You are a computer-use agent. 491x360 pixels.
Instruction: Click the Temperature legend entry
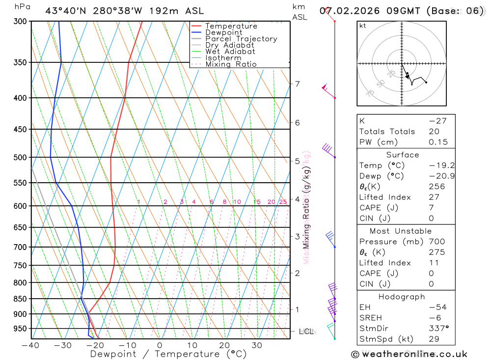coord(231,26)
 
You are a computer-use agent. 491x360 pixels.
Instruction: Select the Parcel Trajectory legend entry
coord(241,39)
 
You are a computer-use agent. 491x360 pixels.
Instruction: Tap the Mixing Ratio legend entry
coord(231,64)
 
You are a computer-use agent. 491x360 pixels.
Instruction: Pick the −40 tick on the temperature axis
coord(30,345)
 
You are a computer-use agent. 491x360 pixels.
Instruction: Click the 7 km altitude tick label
coord(297,84)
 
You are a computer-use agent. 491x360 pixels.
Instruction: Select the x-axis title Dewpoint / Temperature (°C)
coord(168,354)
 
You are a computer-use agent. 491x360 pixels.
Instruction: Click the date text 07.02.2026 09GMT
coord(371,11)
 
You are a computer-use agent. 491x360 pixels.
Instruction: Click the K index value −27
coord(436,121)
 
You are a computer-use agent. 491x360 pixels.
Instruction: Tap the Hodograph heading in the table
coord(402,297)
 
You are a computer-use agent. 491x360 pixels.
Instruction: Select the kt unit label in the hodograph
coord(363,26)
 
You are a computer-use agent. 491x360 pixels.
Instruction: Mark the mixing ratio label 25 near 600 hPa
coord(283,202)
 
